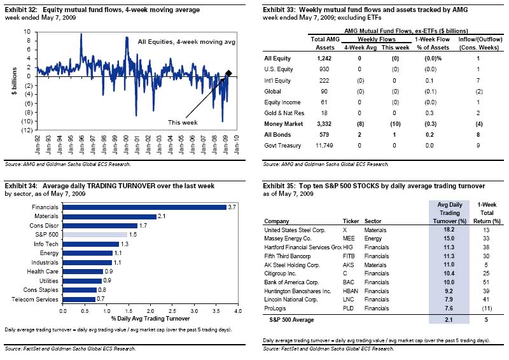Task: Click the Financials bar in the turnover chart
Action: coord(144,207)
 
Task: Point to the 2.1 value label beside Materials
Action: coord(162,216)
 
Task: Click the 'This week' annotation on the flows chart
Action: coord(183,122)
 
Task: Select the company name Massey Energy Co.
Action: coord(288,238)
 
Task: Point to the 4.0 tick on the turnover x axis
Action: coord(237,311)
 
